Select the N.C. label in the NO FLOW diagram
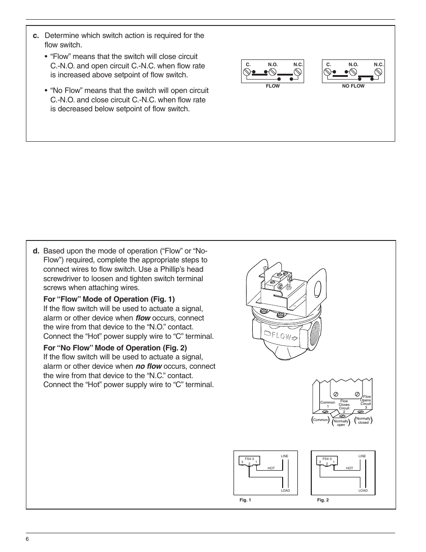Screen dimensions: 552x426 click(379, 65)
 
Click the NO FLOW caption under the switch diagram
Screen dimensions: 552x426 click(353, 86)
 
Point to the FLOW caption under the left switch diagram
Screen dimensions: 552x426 click(272, 86)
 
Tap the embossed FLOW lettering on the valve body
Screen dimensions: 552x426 click(280, 336)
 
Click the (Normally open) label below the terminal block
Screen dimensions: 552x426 click(341, 423)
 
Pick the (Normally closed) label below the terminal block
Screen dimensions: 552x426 click(363, 421)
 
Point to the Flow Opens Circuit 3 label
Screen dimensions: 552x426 click(366, 402)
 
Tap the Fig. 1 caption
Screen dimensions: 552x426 click(245, 500)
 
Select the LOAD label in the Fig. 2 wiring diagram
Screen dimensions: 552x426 click(363, 490)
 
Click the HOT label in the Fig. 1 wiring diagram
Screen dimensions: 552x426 click(271, 468)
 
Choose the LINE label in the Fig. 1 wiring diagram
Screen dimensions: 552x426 click(284, 456)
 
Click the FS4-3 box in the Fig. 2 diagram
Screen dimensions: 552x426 click(327, 461)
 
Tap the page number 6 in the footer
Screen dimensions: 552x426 click(27, 539)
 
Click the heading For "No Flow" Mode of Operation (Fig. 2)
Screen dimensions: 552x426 click(115, 348)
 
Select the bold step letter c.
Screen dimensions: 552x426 click(36, 36)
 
